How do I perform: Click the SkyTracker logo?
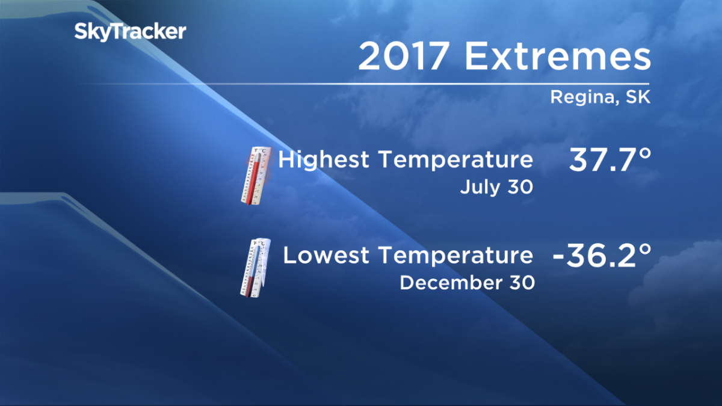(x=130, y=32)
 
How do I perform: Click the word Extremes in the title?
(x=558, y=58)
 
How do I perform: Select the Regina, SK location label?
(x=600, y=98)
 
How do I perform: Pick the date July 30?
(x=496, y=187)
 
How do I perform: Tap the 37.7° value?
(x=609, y=162)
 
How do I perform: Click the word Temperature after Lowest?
(x=457, y=256)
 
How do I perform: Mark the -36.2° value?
(x=602, y=257)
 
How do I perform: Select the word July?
(x=478, y=187)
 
